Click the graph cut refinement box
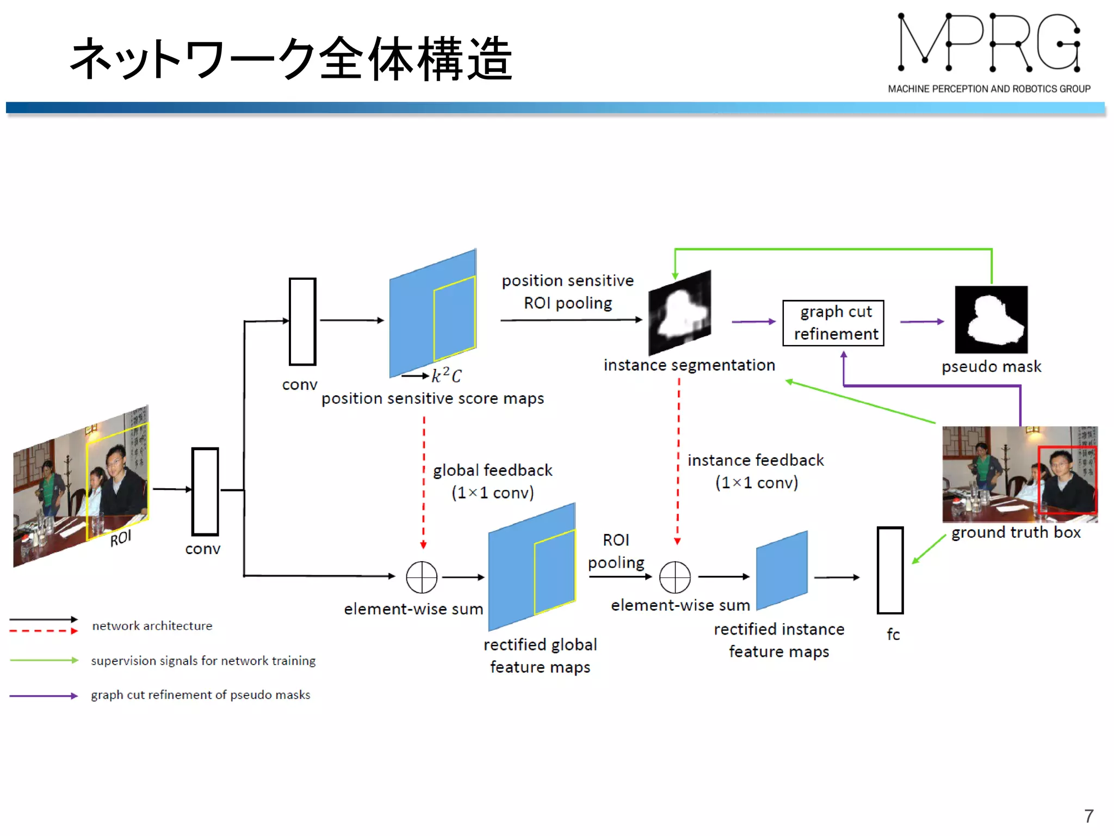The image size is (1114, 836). [833, 323]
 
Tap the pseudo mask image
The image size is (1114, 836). [991, 319]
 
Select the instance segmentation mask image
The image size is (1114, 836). [679, 313]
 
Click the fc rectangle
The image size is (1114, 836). [890, 570]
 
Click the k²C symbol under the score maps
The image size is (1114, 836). [446, 376]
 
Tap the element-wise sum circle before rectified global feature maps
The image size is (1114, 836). [422, 577]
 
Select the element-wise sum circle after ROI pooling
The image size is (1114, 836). [674, 577]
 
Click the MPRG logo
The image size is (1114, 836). [988, 52]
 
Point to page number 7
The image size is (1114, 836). [1088, 816]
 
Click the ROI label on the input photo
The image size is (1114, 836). [121, 538]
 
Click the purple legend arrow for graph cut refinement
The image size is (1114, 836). [44, 696]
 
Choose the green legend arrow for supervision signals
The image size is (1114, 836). [44, 660]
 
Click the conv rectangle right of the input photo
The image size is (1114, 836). [205, 491]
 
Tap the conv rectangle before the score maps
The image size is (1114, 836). [302, 321]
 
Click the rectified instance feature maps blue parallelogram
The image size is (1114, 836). [782, 570]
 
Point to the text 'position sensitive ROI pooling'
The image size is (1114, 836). [567, 292]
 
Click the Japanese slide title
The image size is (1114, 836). [291, 59]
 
